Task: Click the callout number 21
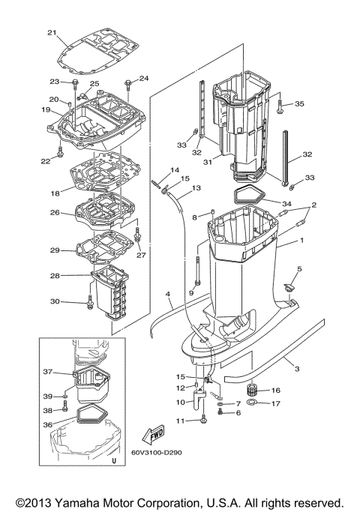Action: [52, 32]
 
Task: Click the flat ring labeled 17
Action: [254, 405]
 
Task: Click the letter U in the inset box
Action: [113, 462]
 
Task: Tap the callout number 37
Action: [46, 372]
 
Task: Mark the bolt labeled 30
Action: [91, 304]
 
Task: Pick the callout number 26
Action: [54, 212]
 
